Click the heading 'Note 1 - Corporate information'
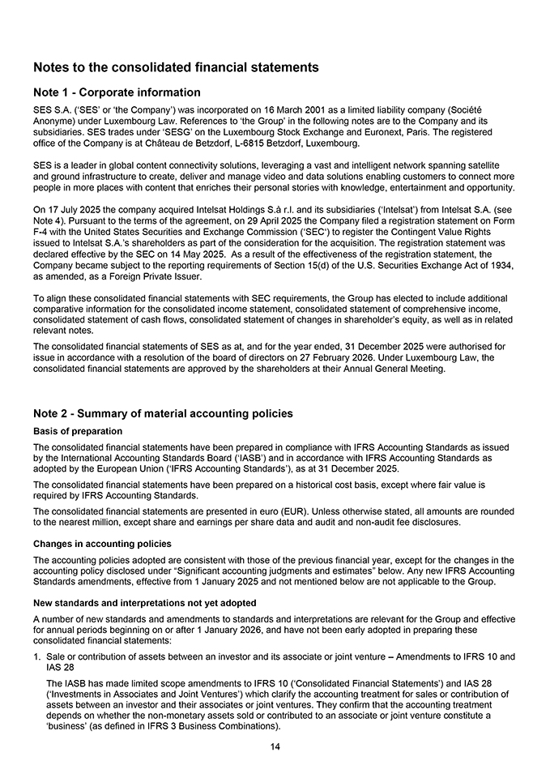pyautogui.click(x=117, y=92)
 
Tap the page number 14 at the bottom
pyautogui.click(x=275, y=746)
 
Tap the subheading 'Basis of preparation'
pyautogui.click(x=78, y=431)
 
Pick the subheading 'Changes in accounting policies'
pyautogui.click(x=102, y=543)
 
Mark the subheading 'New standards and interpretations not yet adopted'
pyautogui.click(x=144, y=603)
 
